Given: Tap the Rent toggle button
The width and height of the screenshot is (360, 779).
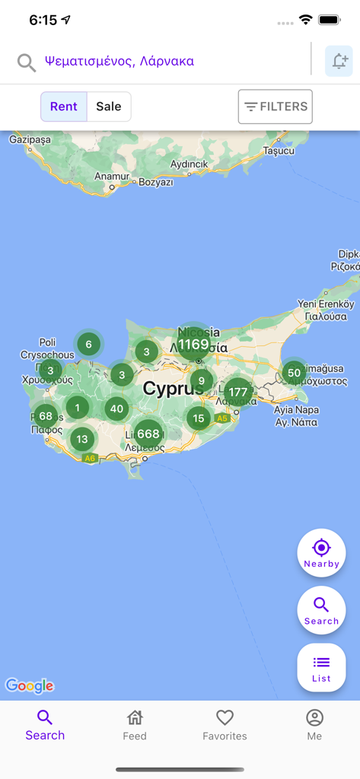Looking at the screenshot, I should [64, 107].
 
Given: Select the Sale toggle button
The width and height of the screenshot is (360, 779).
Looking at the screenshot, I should [109, 107].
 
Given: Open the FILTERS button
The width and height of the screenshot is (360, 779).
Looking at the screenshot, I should [276, 107].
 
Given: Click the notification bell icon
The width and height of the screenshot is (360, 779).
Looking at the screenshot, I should [339, 62].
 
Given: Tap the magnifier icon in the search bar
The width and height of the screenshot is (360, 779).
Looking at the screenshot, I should [27, 62].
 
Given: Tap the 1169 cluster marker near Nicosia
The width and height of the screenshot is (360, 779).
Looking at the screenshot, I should [193, 345].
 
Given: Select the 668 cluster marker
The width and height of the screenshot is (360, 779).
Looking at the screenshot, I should [148, 434].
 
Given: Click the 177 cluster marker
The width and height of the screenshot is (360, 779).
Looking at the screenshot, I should [237, 393].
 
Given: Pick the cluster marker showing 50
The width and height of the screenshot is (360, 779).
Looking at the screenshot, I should [294, 373].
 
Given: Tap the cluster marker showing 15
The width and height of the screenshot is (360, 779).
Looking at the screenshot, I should [199, 418].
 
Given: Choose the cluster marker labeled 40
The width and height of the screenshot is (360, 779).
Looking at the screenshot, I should [116, 409].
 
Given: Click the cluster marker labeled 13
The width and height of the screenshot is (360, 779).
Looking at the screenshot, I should [82, 439].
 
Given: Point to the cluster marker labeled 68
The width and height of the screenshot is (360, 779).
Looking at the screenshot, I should [46, 416].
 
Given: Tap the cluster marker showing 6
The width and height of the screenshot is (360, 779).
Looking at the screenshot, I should [88, 345].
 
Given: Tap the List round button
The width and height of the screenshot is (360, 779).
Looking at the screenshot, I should [321, 667].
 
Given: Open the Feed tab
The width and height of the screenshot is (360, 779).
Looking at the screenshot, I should [135, 724].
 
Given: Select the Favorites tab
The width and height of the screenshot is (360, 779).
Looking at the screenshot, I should [225, 724].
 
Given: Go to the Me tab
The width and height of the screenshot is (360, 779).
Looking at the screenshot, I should [314, 724].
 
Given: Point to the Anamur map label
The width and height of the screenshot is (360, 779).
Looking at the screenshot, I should [112, 176].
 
